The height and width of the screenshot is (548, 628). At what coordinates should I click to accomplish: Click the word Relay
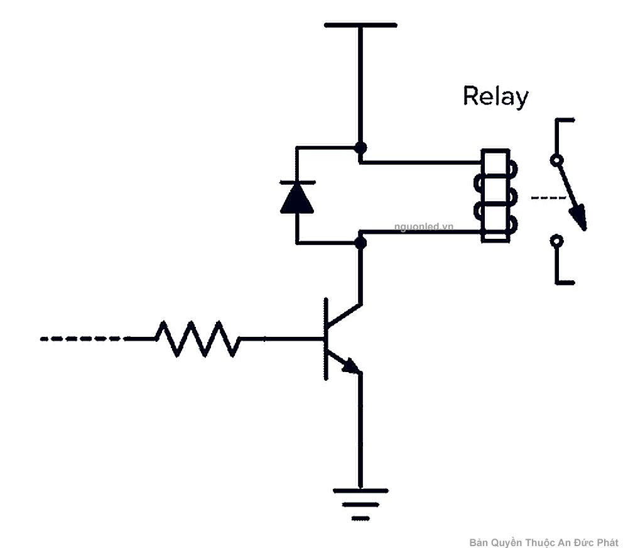point(495,97)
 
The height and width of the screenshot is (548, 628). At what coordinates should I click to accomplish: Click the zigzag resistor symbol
point(198,339)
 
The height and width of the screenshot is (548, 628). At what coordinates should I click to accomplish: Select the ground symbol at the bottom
point(360,503)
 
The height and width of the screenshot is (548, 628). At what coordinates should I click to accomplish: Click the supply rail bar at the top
point(360,25)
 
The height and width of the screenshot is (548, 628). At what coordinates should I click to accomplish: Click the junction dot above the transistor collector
point(360,242)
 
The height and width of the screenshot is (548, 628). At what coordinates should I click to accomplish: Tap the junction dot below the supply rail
point(360,148)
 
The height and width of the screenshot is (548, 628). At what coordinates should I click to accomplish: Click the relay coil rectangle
point(494,196)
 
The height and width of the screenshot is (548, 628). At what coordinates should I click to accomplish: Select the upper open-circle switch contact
point(556,160)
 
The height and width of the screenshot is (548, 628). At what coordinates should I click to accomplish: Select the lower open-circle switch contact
point(556,240)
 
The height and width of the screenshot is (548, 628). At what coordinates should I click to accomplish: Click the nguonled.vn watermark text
point(423,226)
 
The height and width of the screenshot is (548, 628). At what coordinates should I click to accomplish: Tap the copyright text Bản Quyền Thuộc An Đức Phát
point(543,542)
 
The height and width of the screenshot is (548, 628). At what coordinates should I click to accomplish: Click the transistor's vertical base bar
point(325,339)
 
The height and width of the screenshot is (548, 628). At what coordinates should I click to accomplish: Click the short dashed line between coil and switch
point(548,198)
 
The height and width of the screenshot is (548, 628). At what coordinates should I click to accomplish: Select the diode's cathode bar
point(297,183)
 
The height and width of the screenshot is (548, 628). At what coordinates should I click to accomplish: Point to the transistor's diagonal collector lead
point(345,315)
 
